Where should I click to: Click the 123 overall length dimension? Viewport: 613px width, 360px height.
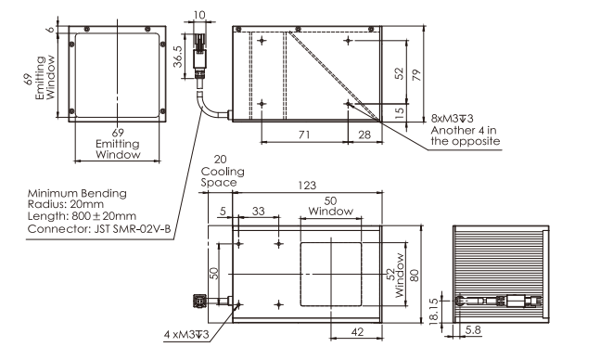307,185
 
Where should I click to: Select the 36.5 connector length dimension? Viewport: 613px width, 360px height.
177,57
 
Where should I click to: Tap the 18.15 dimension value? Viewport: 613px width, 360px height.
434,312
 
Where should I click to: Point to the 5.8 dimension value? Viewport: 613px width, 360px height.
473,330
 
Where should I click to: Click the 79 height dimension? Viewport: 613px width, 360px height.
417,75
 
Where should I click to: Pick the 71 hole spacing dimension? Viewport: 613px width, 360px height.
304,135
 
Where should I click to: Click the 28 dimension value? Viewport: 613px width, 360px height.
364,135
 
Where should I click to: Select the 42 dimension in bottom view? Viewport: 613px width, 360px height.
357,332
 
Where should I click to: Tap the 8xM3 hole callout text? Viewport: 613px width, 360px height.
452,118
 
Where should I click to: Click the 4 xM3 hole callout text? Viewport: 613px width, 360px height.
186,335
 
